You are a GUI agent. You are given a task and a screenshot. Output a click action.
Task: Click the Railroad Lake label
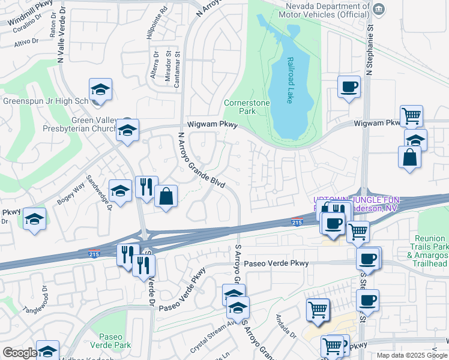click(290, 80)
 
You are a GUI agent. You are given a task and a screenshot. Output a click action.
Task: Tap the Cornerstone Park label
click(247, 107)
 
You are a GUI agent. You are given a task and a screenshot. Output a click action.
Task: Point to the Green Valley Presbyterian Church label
click(58, 124)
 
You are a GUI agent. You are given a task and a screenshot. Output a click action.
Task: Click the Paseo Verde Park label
click(110, 341)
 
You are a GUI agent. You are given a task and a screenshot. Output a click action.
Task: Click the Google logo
click(20, 353)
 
